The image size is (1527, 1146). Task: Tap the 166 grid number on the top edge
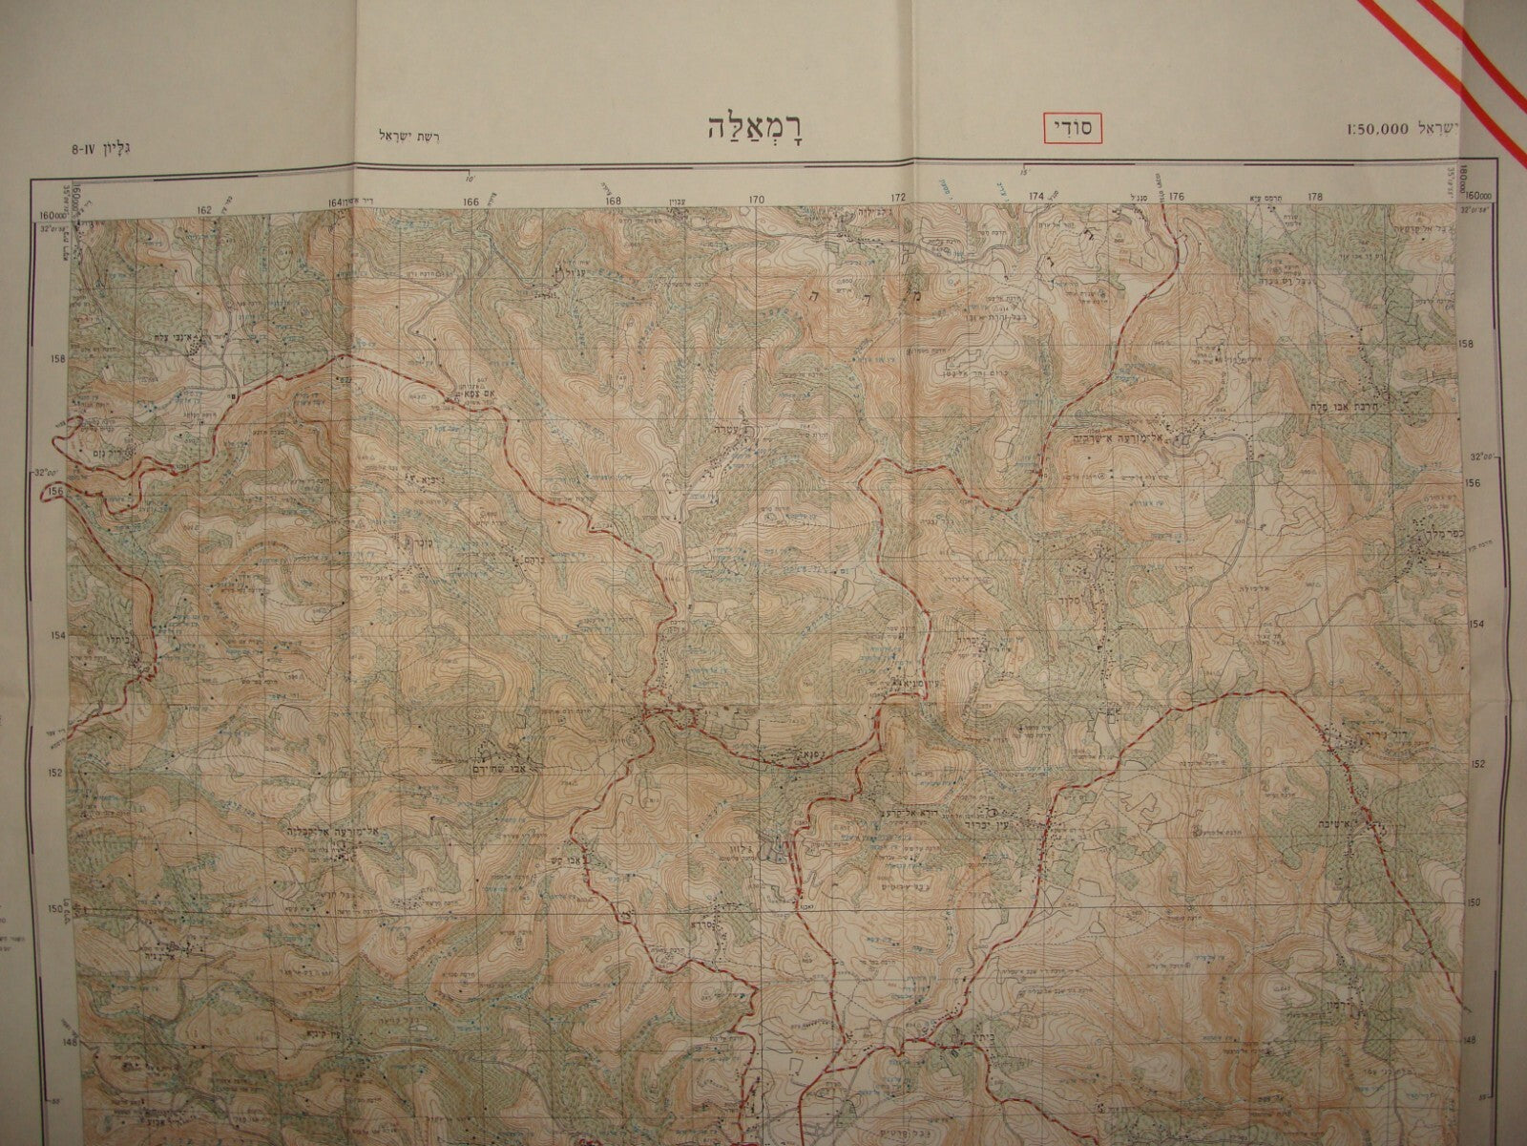(471, 202)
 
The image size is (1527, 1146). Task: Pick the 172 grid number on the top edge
(898, 199)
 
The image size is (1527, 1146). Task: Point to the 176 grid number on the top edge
(1176, 197)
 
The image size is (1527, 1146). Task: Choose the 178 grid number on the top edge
(1315, 197)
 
